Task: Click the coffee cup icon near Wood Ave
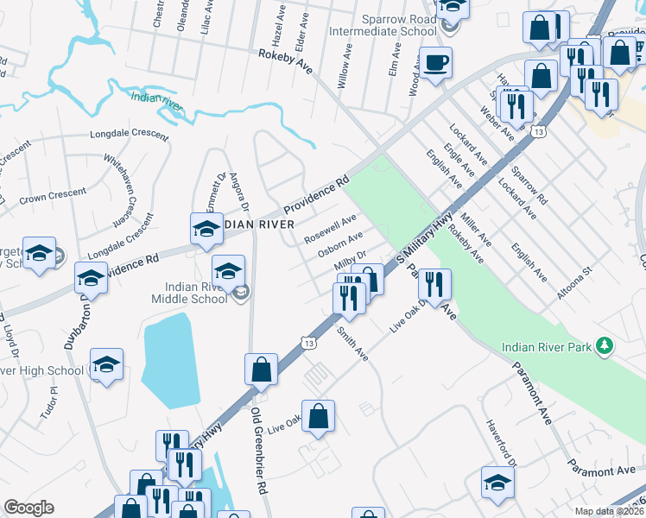tap(436, 62)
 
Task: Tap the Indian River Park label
tap(549, 347)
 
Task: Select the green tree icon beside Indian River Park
tap(606, 346)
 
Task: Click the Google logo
tap(28, 508)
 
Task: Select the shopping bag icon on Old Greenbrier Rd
tap(261, 369)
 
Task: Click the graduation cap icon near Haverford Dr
tap(497, 482)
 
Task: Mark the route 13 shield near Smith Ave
tap(308, 343)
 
